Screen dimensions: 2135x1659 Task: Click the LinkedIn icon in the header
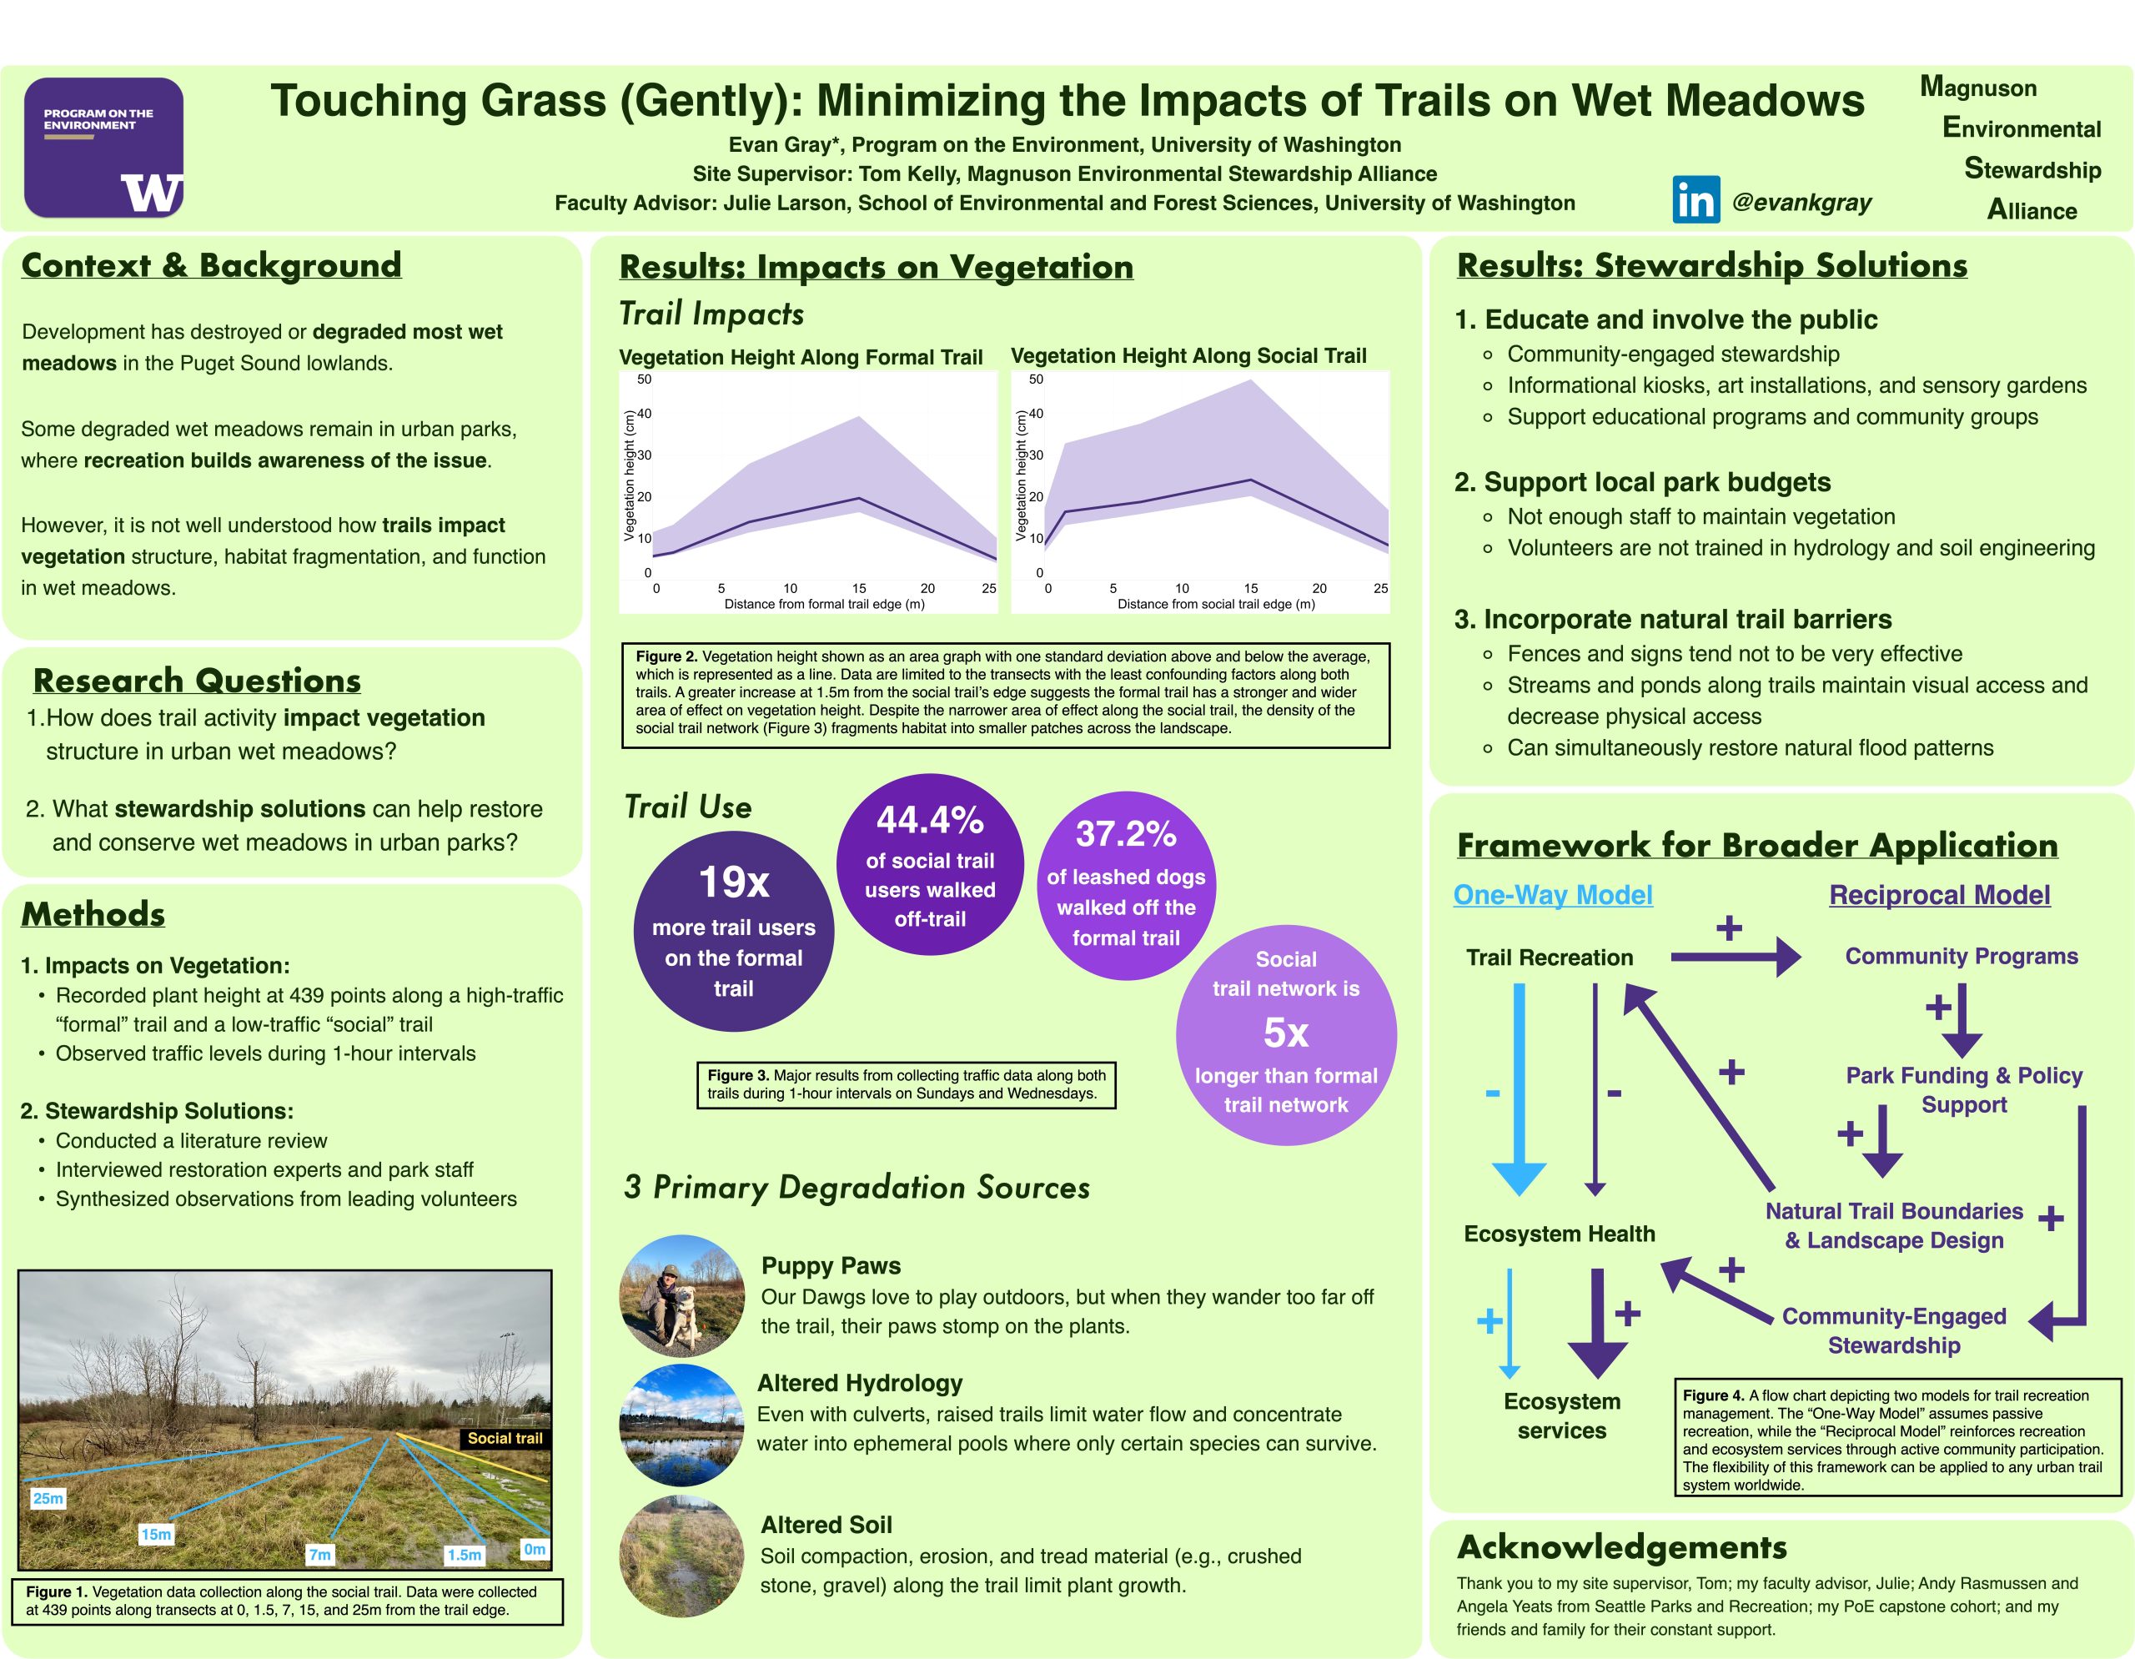click(1696, 199)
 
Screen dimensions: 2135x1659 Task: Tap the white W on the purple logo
click(152, 193)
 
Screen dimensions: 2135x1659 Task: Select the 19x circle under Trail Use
click(733, 931)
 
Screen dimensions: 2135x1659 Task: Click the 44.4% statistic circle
click(930, 863)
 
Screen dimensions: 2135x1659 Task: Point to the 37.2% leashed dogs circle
click(1125, 885)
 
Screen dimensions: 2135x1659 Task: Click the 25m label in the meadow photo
click(48, 1498)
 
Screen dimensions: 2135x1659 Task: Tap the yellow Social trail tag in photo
click(505, 1438)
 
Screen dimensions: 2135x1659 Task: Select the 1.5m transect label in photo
click(465, 1555)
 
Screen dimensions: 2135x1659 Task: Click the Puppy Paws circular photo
click(682, 1295)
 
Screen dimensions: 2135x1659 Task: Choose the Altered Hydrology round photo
click(682, 1425)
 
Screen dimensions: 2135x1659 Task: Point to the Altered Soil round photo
click(682, 1556)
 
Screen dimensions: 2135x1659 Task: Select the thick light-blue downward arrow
click(1520, 1089)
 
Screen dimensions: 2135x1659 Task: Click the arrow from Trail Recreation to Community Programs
click(1736, 957)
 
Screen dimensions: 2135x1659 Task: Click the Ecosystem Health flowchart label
click(1560, 1234)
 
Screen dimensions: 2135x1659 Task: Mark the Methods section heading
click(93, 914)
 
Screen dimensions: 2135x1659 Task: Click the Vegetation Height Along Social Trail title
click(1188, 356)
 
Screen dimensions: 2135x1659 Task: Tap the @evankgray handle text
click(1801, 203)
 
